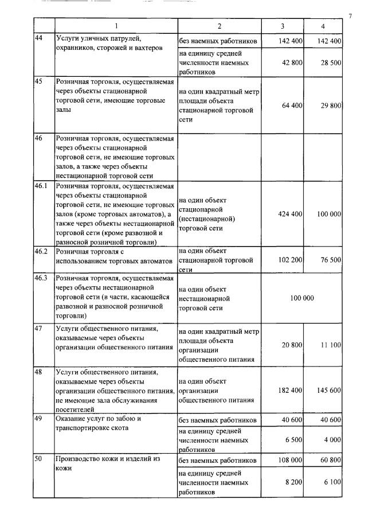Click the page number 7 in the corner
point(349,15)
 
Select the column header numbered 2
point(219,26)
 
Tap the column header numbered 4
point(323,26)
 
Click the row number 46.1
point(41,186)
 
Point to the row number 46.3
point(41,279)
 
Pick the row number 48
point(38,372)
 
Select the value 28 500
point(331,63)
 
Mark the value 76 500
point(331,259)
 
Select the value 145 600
point(329,390)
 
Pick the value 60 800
point(331,460)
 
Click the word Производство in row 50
point(78,460)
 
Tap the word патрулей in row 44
point(121,38)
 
